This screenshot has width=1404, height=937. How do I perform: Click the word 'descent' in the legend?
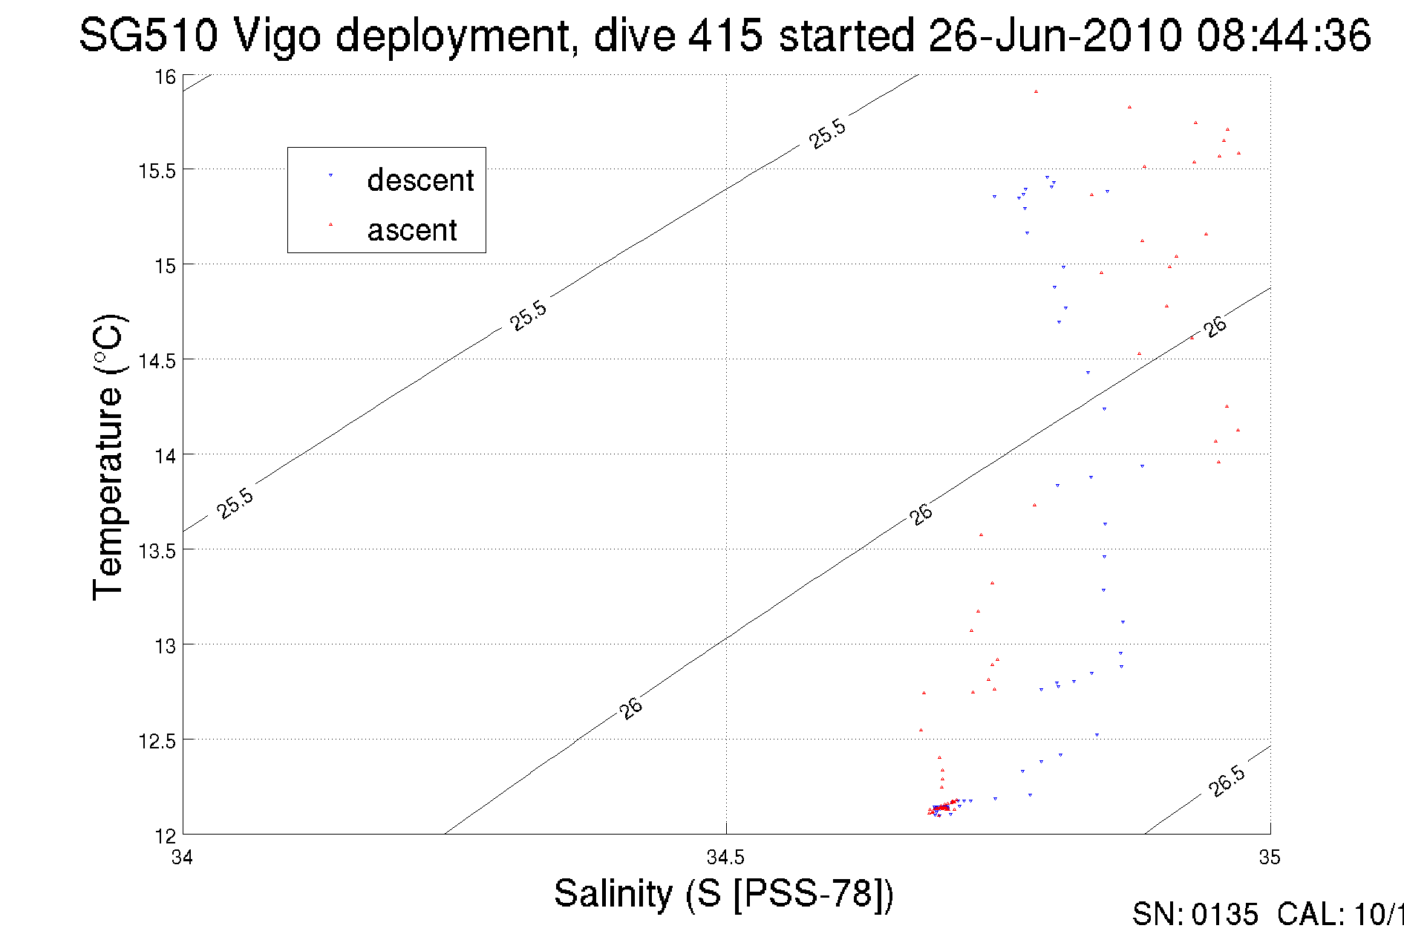(420, 180)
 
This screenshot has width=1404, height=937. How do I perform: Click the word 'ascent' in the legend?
(412, 230)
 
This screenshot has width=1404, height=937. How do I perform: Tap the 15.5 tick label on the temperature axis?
(157, 172)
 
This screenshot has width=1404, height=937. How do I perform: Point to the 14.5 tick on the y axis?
(157, 362)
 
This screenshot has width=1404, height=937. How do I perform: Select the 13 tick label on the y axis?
(165, 646)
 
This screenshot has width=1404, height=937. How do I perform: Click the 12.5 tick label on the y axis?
(157, 741)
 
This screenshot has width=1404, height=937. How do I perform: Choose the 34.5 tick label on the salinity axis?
(725, 858)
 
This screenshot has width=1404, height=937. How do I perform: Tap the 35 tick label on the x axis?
(1270, 858)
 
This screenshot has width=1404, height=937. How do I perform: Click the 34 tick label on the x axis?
(183, 858)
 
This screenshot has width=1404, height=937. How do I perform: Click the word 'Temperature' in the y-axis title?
(108, 493)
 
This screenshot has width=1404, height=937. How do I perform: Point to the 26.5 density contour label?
(1227, 781)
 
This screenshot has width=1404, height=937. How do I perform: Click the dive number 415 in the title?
(725, 36)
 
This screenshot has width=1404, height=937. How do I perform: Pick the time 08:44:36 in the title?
(1283, 36)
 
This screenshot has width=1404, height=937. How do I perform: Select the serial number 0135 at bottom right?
(1225, 915)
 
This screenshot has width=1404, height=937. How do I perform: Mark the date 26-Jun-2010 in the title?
(1055, 36)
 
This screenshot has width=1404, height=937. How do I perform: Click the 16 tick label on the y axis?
(165, 77)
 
